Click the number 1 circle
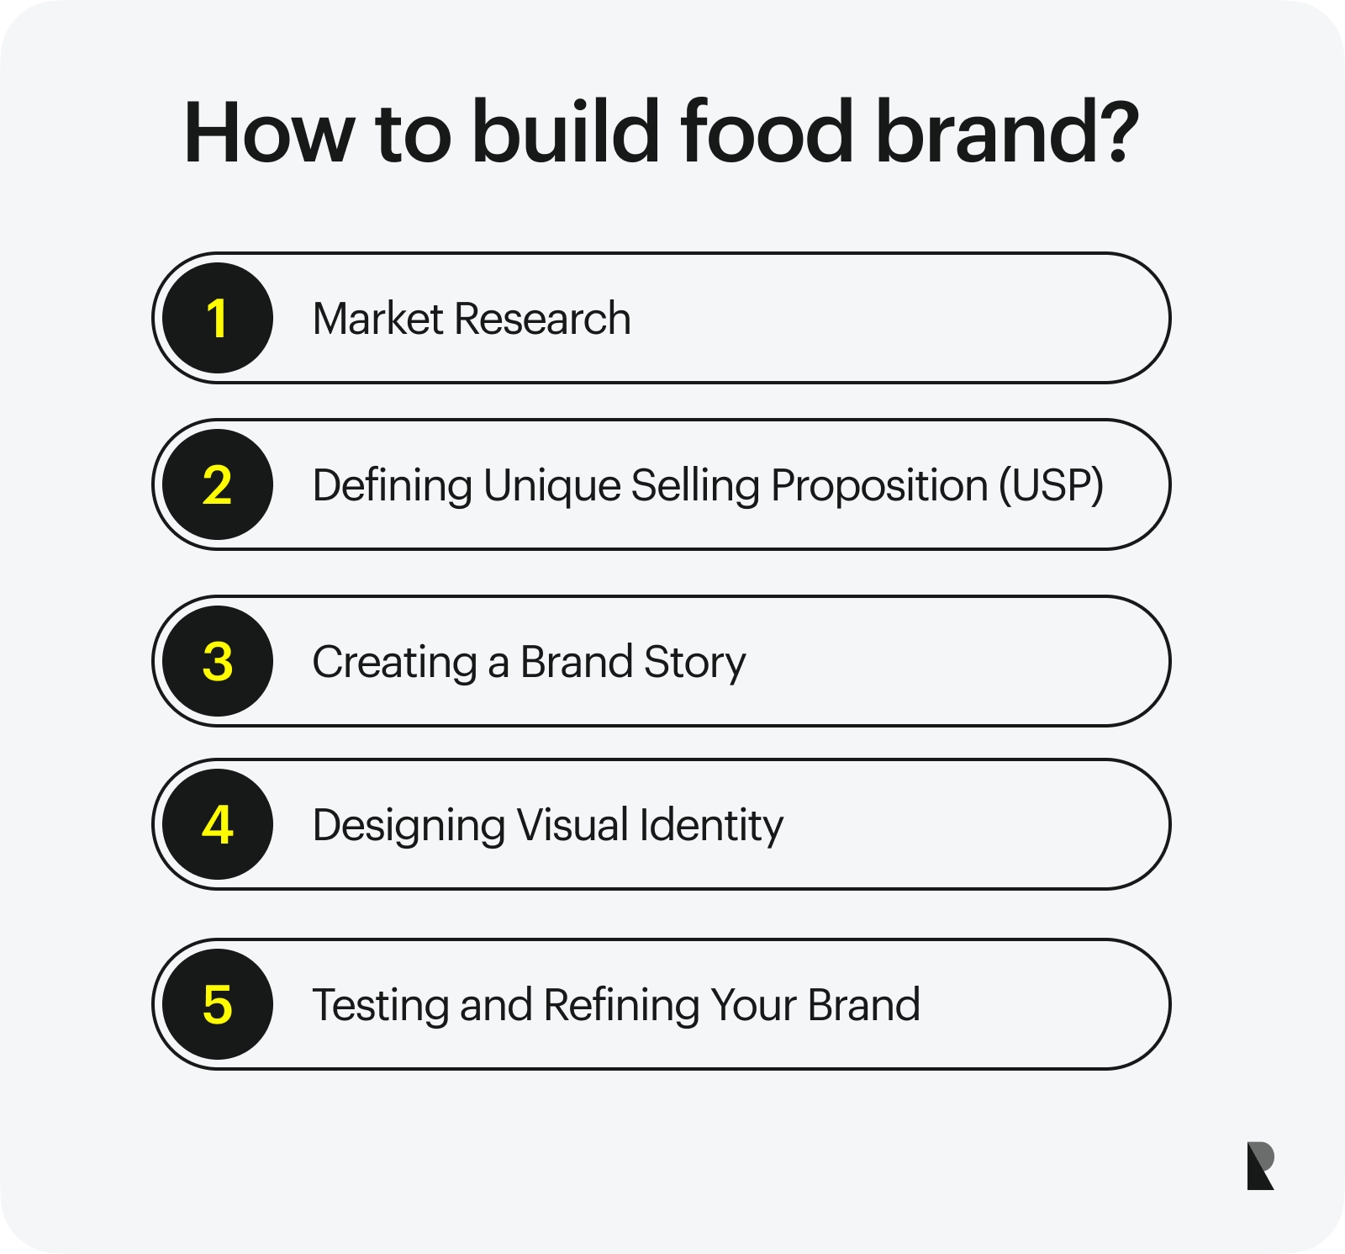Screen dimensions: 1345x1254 [218, 318]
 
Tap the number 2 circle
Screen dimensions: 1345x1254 [218, 484]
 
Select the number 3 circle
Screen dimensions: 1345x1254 [218, 661]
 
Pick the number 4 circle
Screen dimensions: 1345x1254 [218, 824]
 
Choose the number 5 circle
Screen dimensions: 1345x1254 [218, 1004]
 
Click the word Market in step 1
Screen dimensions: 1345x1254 [377, 319]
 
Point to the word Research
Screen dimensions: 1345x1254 [543, 319]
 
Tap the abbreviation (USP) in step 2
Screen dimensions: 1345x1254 [1051, 486]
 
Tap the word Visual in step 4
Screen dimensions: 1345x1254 [572, 825]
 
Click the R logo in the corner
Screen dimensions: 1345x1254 [1260, 1166]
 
